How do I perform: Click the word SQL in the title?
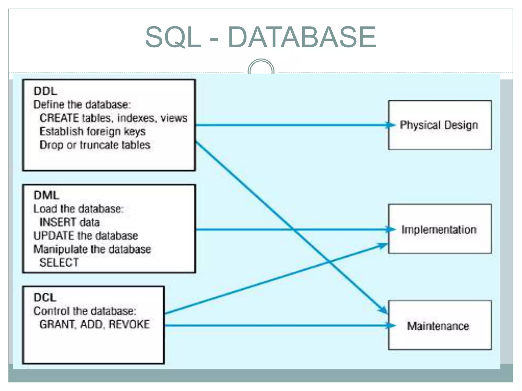click(x=173, y=37)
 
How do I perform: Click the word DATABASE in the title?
click(x=302, y=37)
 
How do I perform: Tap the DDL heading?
click(x=45, y=91)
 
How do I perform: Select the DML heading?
click(x=46, y=195)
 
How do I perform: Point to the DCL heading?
click(x=45, y=297)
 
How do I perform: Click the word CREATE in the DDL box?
click(x=59, y=118)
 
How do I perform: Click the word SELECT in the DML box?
click(x=59, y=262)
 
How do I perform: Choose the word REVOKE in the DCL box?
click(x=129, y=324)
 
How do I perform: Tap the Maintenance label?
click(x=438, y=326)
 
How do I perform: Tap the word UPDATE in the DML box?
click(x=54, y=235)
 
